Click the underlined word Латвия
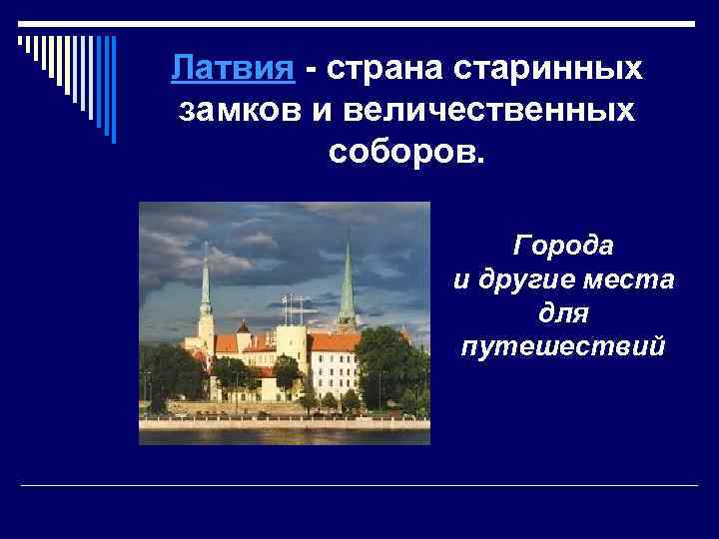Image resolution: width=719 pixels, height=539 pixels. [232, 70]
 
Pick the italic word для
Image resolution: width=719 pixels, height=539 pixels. [564, 313]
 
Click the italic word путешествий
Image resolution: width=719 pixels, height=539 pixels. [564, 347]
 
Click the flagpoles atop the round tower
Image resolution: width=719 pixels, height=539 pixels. [292, 307]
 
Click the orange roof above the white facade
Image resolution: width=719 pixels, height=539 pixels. [334, 343]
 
